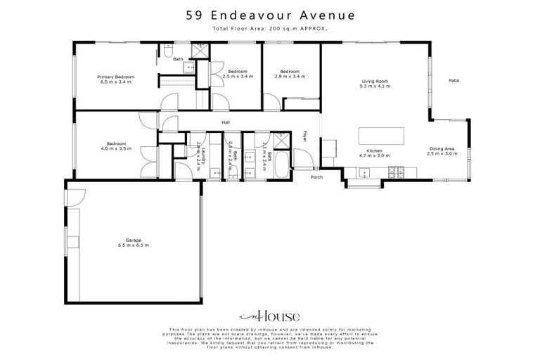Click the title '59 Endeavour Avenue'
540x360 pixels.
coord(270,14)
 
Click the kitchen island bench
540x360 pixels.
coord(382,135)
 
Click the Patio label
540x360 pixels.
coord(454,80)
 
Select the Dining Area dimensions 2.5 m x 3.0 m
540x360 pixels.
coord(444,153)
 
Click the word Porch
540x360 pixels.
coord(317,176)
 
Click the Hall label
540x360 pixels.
coord(226,122)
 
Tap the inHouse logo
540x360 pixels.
coord(270,316)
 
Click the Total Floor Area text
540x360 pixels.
coord(270,28)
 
